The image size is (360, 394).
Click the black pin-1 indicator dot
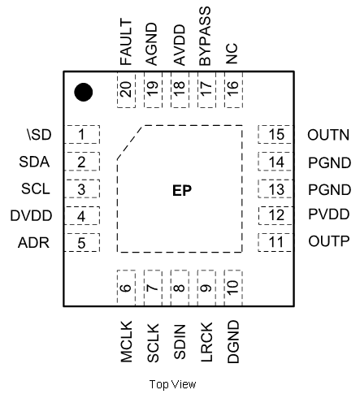[83, 93]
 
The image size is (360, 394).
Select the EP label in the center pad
[181, 191]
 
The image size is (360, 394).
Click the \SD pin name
[38, 135]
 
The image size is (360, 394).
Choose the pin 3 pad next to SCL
[82, 189]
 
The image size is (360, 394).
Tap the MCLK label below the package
[125, 341]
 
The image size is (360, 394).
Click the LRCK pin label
[206, 343]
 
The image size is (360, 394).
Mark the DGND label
[232, 341]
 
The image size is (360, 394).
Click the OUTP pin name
[328, 243]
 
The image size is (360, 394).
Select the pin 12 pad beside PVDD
[276, 216]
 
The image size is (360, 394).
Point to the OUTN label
[328, 135]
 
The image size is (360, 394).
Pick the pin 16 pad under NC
[232, 90]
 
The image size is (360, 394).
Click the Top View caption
[173, 383]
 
